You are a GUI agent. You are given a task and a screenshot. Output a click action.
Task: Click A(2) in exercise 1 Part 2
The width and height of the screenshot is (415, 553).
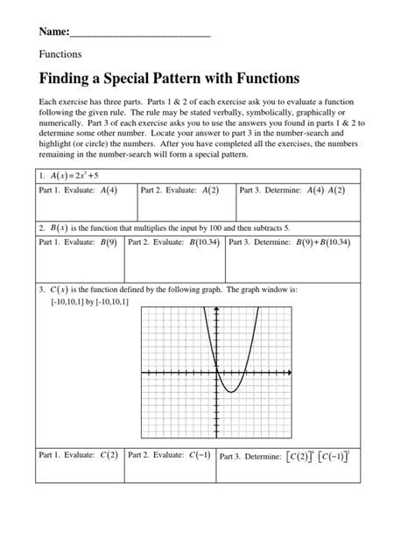point(210,190)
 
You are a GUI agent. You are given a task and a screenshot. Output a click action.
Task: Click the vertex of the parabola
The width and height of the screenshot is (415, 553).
point(229,392)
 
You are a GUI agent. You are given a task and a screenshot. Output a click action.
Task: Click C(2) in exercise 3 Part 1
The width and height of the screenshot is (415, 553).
point(109,455)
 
